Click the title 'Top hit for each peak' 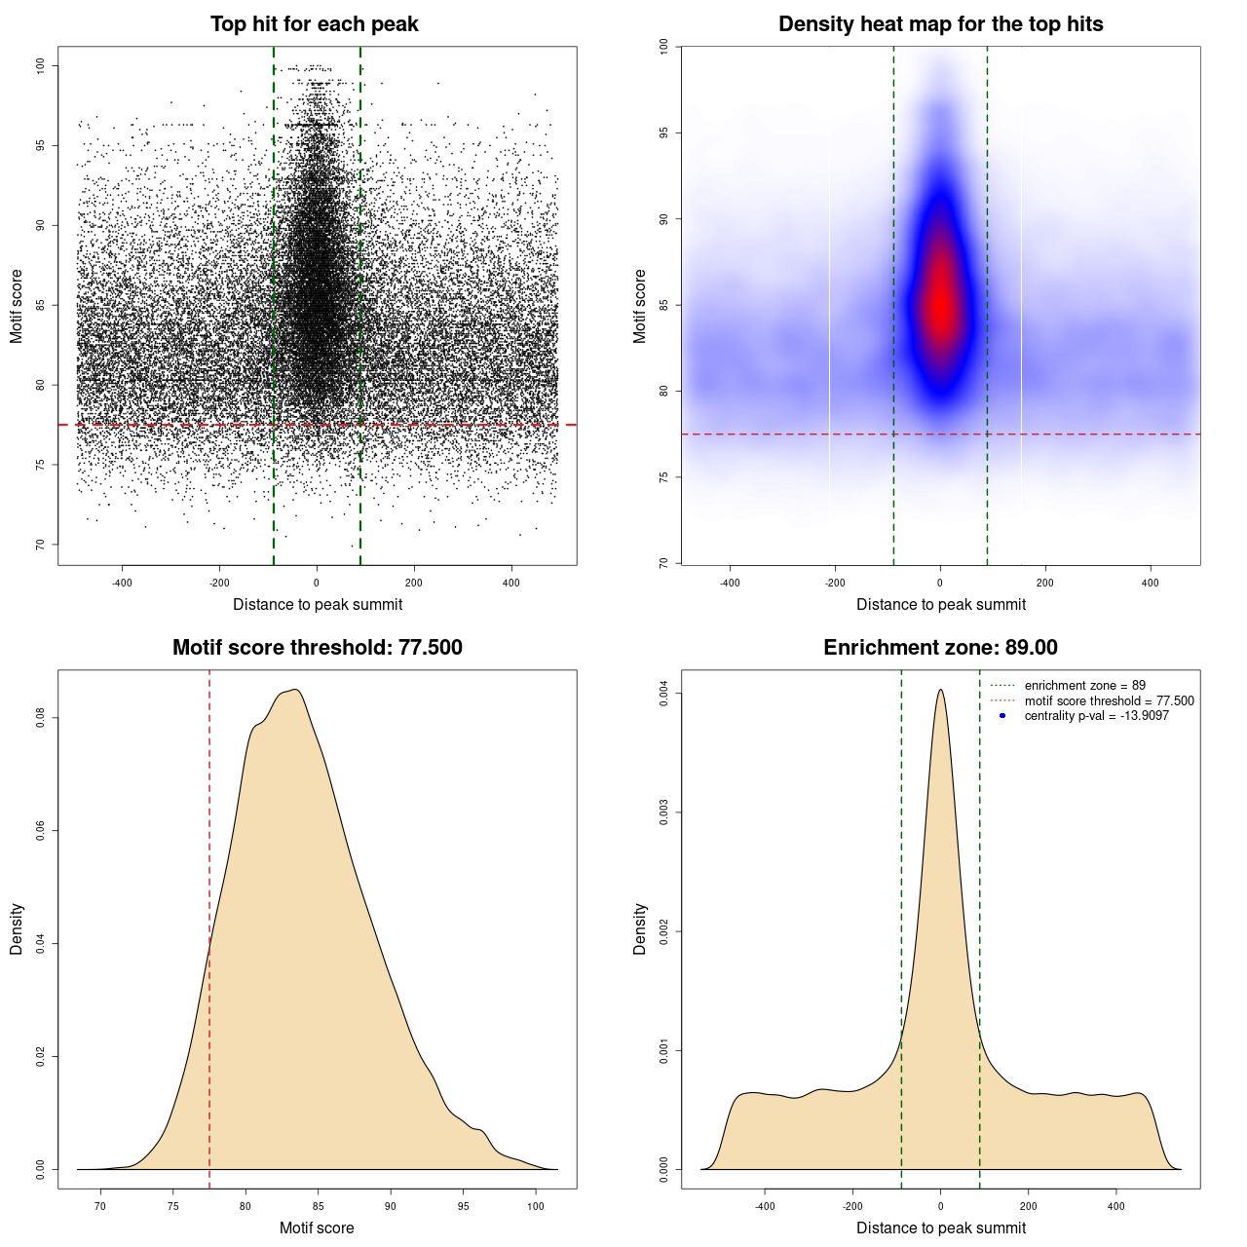coord(314,24)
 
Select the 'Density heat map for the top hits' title coord(940,24)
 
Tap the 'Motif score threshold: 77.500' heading coord(317,648)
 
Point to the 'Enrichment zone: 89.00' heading coord(940,648)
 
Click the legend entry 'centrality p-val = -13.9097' coord(1096,716)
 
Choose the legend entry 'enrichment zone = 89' coord(1084,686)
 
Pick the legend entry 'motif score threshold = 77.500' coord(1109,701)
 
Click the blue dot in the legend coord(1002,716)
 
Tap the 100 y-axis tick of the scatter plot coord(41,65)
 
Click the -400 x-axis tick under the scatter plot coord(122,583)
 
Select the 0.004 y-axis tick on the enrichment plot coord(664,694)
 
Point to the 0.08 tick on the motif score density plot coord(41,718)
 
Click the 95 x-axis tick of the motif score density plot coord(464,1206)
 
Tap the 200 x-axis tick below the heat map coord(1045,583)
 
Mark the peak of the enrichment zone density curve coord(940,690)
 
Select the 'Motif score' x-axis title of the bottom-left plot coord(317,1228)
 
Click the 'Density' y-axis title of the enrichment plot coord(640,928)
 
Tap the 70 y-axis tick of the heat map coord(664,563)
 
